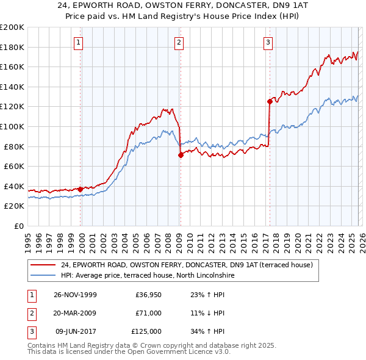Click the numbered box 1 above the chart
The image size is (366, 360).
80,42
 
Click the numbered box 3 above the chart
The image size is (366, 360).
268,42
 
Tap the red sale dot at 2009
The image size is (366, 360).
181,155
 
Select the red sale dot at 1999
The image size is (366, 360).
81,189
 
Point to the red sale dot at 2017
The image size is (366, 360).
269,101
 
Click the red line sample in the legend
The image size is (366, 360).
43,265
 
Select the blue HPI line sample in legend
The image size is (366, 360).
43,275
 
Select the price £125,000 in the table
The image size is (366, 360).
146,331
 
